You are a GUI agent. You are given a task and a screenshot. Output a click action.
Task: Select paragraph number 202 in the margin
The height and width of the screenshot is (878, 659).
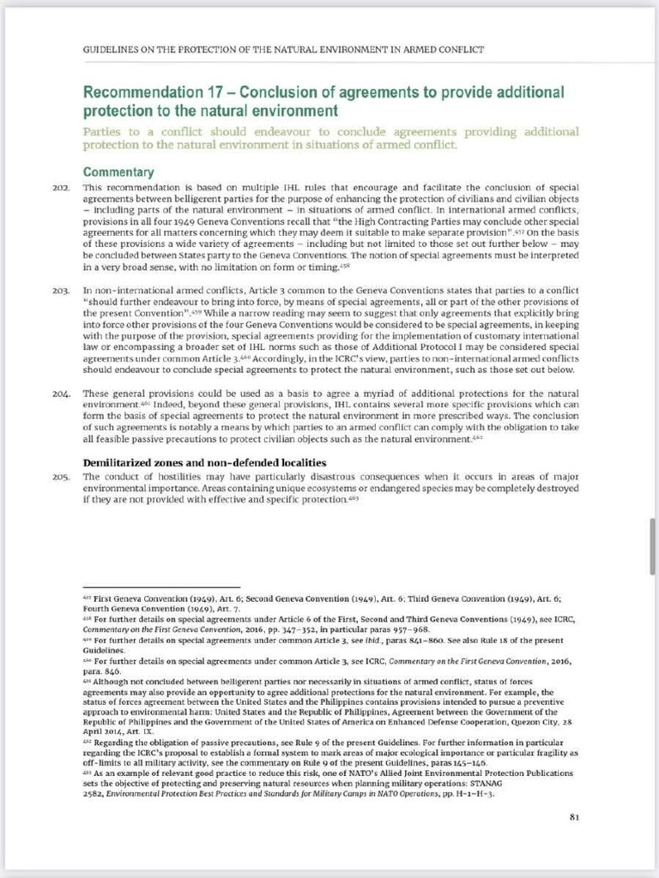coord(60,187)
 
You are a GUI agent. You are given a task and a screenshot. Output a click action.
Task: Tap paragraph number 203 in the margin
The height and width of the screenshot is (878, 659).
coord(60,292)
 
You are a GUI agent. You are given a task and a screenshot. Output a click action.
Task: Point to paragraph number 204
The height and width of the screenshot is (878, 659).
coord(60,394)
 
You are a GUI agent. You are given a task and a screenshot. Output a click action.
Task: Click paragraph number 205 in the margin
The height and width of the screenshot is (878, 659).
coord(60,477)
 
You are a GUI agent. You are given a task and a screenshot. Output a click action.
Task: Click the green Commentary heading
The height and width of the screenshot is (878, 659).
coord(118,171)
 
